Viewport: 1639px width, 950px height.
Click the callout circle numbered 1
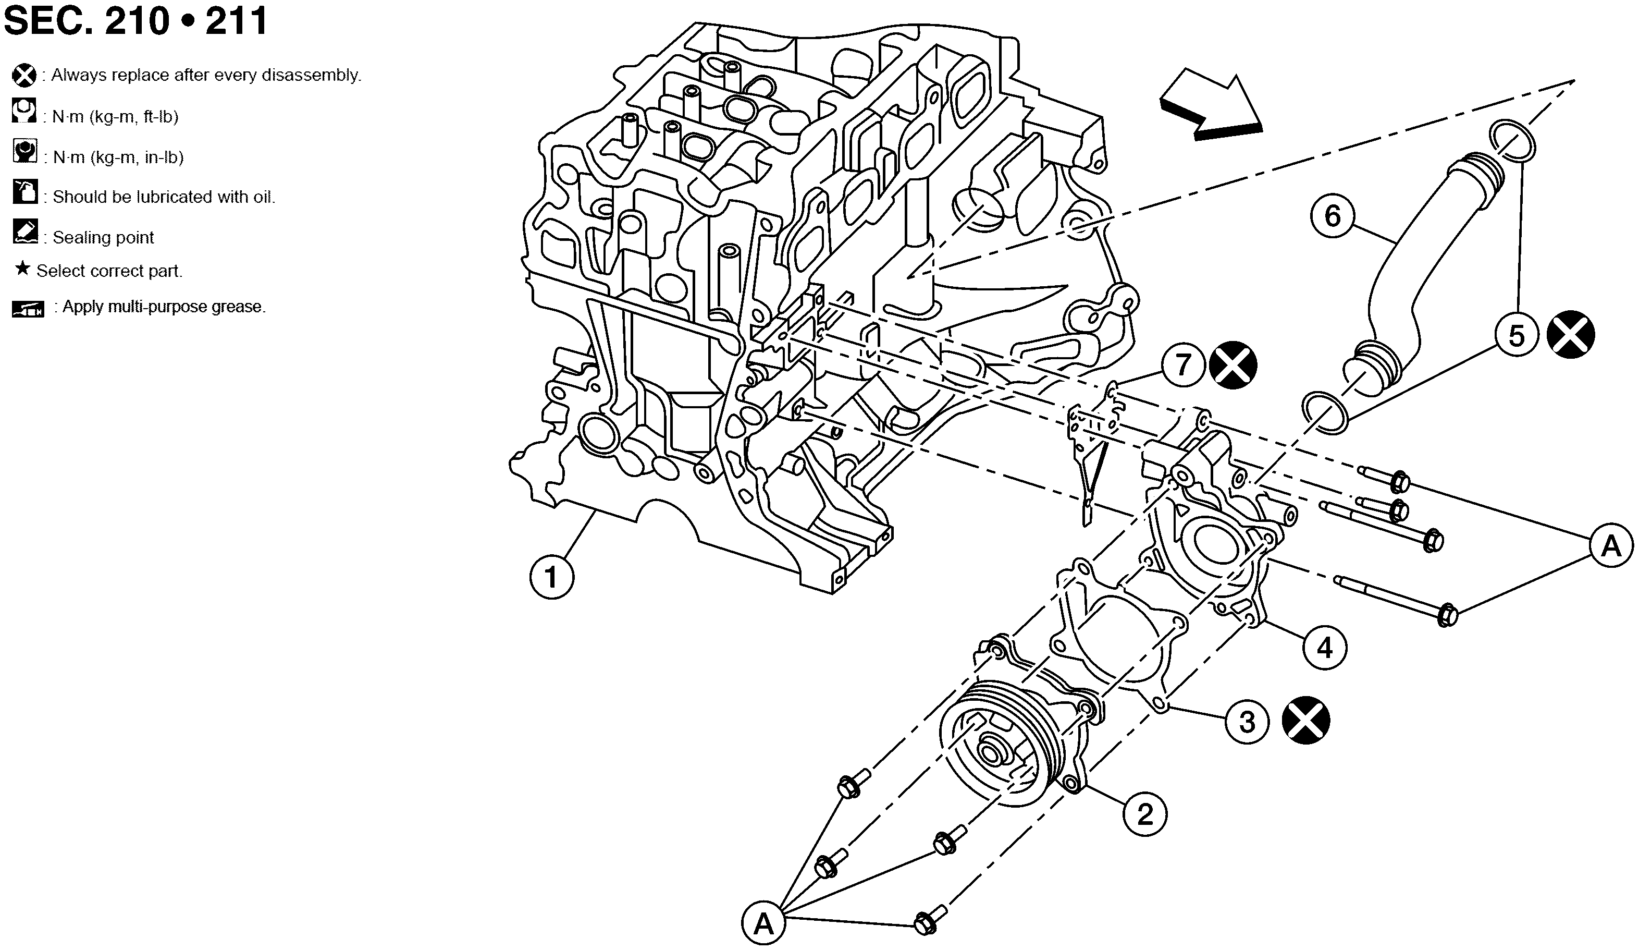tap(551, 577)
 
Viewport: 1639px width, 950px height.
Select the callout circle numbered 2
tap(1144, 814)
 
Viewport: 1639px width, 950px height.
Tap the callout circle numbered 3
tap(1246, 722)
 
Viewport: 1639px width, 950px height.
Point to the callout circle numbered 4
tap(1325, 648)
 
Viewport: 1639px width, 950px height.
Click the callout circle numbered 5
tap(1516, 336)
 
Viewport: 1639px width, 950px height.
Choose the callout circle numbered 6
tap(1332, 215)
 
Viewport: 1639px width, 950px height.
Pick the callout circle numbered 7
tap(1183, 364)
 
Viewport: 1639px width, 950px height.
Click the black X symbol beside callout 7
tap(1233, 364)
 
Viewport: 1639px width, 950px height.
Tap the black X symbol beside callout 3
tap(1305, 720)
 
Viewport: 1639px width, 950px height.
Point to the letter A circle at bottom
tap(763, 923)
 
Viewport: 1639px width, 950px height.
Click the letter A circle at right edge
tap(1611, 546)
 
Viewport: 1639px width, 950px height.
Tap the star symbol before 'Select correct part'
tap(23, 268)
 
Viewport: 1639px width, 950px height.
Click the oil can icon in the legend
tap(24, 191)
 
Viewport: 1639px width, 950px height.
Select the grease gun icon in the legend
tap(28, 309)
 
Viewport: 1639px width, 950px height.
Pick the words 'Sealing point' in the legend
tap(103, 238)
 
